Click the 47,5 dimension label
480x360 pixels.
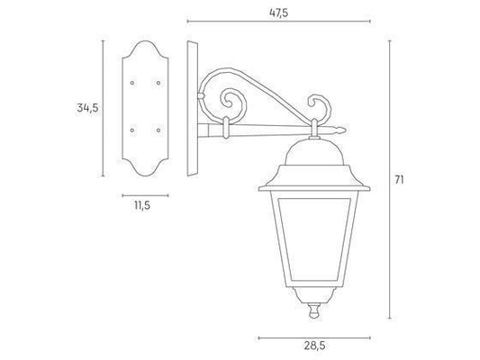[x=278, y=13]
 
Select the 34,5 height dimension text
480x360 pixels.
[x=87, y=108]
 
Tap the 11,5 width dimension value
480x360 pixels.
[x=142, y=205]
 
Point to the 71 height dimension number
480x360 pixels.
[x=399, y=180]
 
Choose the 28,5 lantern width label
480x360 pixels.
[x=314, y=346]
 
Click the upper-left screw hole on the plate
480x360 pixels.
[x=132, y=83]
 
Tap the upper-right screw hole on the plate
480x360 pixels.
[x=158, y=83]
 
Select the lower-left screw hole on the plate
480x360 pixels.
[x=132, y=130]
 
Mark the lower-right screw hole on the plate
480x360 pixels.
[x=158, y=130]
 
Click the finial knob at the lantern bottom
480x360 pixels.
[x=314, y=310]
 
